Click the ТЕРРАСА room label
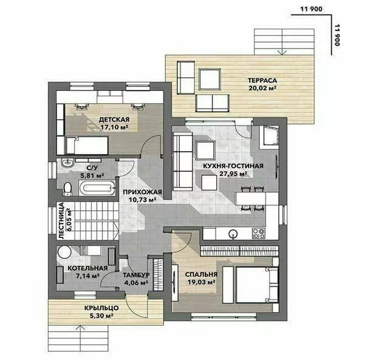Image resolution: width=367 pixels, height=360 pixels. [x=262, y=81]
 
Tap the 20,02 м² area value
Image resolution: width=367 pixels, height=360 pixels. [x=262, y=88]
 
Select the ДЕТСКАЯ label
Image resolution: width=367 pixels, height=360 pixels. [x=114, y=120]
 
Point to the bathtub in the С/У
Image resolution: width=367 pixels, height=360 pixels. [x=97, y=188]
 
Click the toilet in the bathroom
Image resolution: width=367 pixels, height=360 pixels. [x=67, y=189]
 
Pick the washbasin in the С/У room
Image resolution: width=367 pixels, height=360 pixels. [x=67, y=163]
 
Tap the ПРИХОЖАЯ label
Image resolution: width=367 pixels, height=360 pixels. [x=142, y=192]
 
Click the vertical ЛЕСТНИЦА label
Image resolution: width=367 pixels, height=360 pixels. [x=61, y=220]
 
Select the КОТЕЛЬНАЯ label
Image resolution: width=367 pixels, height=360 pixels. [x=87, y=268]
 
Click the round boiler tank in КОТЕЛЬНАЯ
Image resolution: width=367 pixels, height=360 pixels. [x=64, y=252]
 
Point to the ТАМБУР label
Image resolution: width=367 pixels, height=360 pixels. [x=137, y=275]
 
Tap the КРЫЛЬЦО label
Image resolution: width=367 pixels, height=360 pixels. [x=101, y=308]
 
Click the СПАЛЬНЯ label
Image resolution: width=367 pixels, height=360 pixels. [x=201, y=274]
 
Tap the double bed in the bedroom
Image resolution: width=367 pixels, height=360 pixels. [x=256, y=285]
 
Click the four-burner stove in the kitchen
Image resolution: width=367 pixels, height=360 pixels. [x=259, y=234]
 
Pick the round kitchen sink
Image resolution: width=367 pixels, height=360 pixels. [x=233, y=234]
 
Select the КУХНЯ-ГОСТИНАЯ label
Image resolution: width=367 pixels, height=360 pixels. [x=233, y=166]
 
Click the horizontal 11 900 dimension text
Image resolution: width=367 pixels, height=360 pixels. [x=311, y=9]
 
